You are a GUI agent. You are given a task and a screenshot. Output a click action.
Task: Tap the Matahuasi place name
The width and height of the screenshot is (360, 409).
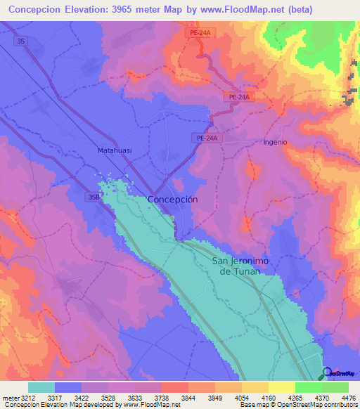tap(115, 150)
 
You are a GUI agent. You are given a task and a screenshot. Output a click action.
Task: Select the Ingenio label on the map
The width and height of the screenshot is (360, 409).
tap(275, 142)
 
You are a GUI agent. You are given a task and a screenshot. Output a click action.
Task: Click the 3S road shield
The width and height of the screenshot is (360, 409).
tap(22, 41)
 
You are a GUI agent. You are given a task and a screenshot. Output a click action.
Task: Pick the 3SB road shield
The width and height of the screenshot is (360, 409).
tap(94, 197)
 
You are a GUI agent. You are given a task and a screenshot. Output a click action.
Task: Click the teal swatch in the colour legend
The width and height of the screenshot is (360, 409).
tap(41, 387)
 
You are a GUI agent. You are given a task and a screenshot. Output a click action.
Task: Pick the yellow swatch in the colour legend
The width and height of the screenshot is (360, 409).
tap(281, 387)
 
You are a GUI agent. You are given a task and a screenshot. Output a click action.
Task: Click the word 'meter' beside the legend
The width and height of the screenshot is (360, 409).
tap(10, 398)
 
